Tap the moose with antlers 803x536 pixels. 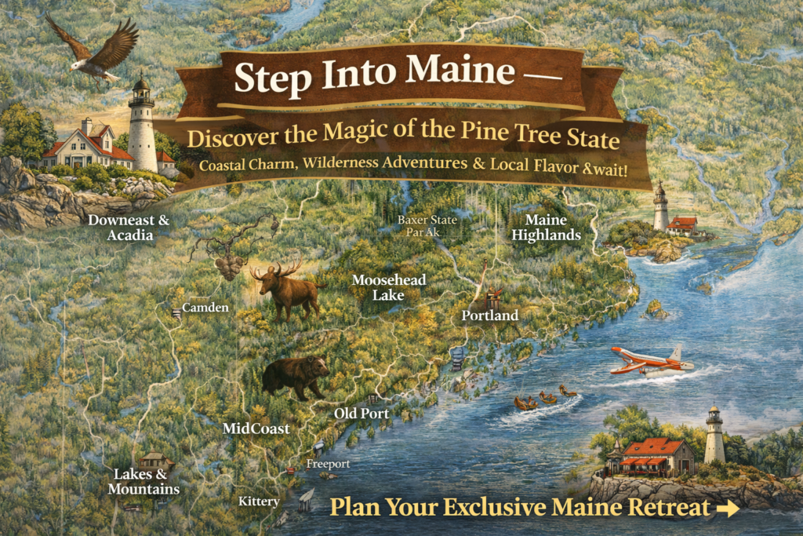pyautogui.click(x=287, y=290)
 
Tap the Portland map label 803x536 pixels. pyautogui.click(x=490, y=315)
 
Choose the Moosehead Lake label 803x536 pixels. pyautogui.click(x=379, y=287)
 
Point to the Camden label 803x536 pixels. pyautogui.click(x=205, y=308)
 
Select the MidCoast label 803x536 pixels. pyautogui.click(x=256, y=429)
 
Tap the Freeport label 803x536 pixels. pyautogui.click(x=328, y=464)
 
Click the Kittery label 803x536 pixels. pyautogui.click(x=259, y=501)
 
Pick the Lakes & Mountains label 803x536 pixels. pyautogui.click(x=146, y=482)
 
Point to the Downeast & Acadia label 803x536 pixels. pyautogui.click(x=129, y=228)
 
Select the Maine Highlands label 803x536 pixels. pyautogui.click(x=552, y=228)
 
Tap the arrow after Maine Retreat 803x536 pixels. pyautogui.click(x=728, y=509)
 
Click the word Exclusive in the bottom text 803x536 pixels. pyautogui.click(x=496, y=507)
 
